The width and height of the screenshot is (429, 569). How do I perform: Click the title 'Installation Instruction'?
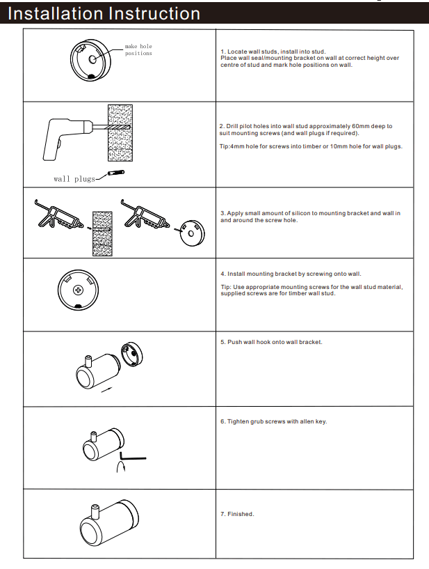point(104,13)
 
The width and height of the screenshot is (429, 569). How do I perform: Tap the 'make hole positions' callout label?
point(138,49)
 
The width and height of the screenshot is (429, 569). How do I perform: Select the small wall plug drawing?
point(116,172)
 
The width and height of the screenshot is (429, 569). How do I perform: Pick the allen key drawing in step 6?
point(133,458)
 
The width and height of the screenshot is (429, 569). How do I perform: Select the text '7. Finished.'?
point(237,514)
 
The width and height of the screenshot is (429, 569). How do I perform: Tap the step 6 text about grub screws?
point(273,421)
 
